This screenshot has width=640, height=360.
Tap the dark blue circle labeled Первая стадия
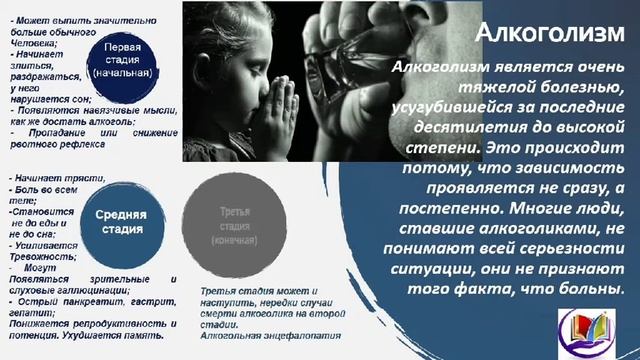(129, 60)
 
